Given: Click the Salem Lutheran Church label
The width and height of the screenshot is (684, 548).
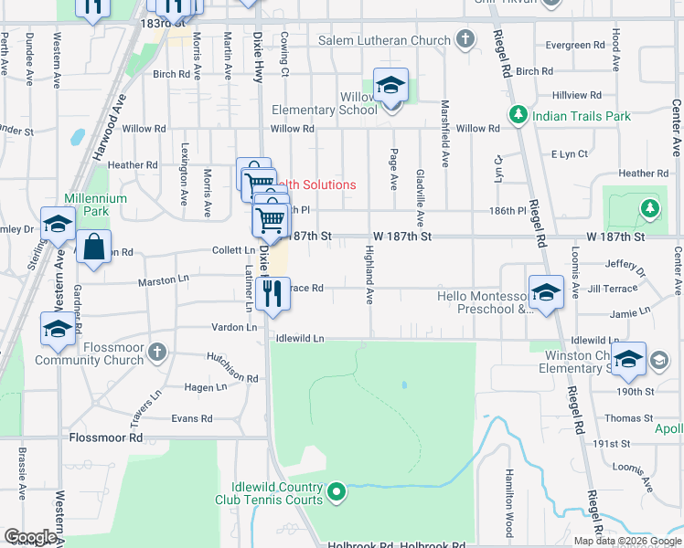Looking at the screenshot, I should [x=384, y=40].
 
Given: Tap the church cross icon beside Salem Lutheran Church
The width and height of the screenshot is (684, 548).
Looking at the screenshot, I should [x=465, y=39].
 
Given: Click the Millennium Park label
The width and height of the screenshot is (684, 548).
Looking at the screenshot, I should [x=86, y=205].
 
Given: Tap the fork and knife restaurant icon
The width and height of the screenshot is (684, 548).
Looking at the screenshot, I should [x=270, y=293].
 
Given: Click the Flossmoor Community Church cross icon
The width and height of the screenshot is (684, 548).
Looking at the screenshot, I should [x=156, y=350].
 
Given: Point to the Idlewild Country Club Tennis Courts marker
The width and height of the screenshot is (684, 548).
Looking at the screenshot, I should [x=337, y=493].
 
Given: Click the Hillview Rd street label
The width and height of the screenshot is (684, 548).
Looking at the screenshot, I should [x=577, y=95].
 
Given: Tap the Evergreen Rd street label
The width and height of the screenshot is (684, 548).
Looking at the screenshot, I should [x=574, y=44].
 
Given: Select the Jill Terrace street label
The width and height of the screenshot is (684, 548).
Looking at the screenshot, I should [x=613, y=288].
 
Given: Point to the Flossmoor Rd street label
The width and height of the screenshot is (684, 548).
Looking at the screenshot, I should [x=106, y=437].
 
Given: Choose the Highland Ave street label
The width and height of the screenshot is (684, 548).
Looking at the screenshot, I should [x=370, y=275].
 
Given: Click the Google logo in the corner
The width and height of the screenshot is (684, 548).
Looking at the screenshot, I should [x=30, y=537].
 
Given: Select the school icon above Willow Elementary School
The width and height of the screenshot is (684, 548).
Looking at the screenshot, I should [x=390, y=86].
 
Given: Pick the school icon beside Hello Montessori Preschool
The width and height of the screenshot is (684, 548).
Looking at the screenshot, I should [x=545, y=292].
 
